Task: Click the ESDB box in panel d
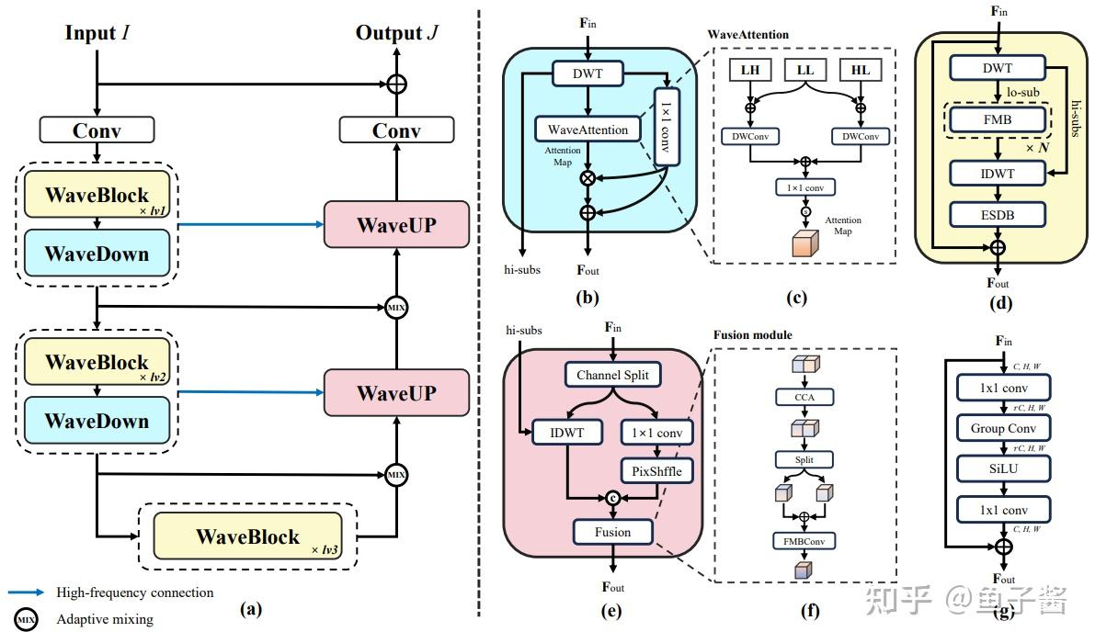(998, 214)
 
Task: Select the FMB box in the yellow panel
(998, 118)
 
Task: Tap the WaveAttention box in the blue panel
(587, 130)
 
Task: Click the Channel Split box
(611, 375)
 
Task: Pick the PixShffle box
(656, 471)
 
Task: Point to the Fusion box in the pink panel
(612, 532)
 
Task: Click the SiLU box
(1003, 468)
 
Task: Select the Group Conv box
(1003, 428)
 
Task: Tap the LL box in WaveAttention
(804, 70)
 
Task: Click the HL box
(861, 70)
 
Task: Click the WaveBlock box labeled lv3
(247, 536)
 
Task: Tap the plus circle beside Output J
(396, 84)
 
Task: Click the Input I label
(97, 33)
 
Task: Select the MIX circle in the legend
(27, 619)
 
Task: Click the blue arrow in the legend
(27, 592)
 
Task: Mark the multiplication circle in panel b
(587, 177)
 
